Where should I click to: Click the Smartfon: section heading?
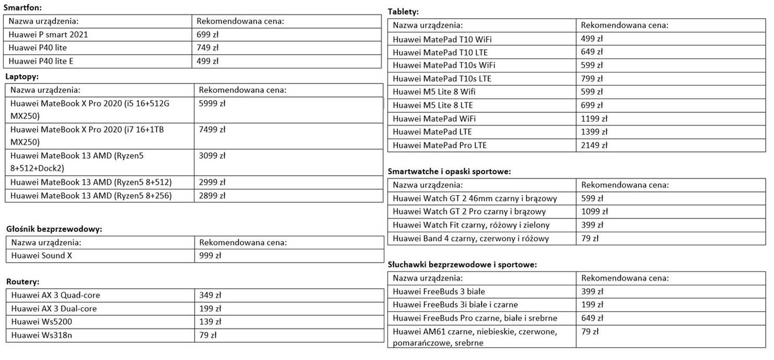pyautogui.click(x=23, y=8)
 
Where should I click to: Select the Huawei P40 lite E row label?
pyautogui.click(x=41, y=61)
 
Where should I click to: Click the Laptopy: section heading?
pyautogui.click(x=22, y=77)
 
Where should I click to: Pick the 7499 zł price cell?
pyautogui.click(x=212, y=130)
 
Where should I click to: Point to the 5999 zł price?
pyautogui.click(x=212, y=103)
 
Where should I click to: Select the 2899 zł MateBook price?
pyautogui.click(x=212, y=196)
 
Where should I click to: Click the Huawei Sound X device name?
pyautogui.click(x=41, y=256)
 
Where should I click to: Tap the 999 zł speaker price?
pyautogui.click(x=210, y=256)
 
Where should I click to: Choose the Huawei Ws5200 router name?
pyautogui.click(x=41, y=322)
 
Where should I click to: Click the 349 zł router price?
pyautogui.click(x=210, y=295)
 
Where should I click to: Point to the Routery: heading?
pyautogui.click(x=23, y=282)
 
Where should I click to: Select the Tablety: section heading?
pyautogui.click(x=404, y=12)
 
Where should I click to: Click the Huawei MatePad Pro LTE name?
pyautogui.click(x=440, y=145)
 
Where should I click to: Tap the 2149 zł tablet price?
pyautogui.click(x=594, y=145)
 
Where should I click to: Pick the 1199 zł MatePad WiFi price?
pyautogui.click(x=594, y=119)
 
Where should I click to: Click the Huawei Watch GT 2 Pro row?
pyautogui.click(x=469, y=212)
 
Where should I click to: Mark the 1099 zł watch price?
pyautogui.click(x=594, y=212)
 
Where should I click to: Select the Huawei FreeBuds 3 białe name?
pyautogui.click(x=439, y=291)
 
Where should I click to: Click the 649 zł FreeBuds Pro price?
pyautogui.click(x=592, y=318)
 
